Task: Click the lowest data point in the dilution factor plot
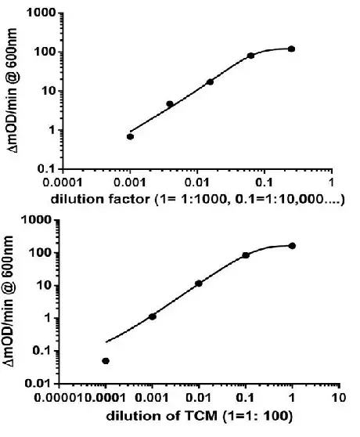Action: (131, 136)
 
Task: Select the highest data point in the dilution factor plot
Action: (291, 49)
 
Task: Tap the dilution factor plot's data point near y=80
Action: (251, 56)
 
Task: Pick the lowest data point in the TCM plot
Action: (106, 361)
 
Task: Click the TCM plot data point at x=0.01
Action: (199, 283)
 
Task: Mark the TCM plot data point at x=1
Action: (292, 245)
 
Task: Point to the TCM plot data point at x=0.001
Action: (153, 316)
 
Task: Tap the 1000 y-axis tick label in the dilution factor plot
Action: (42, 14)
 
